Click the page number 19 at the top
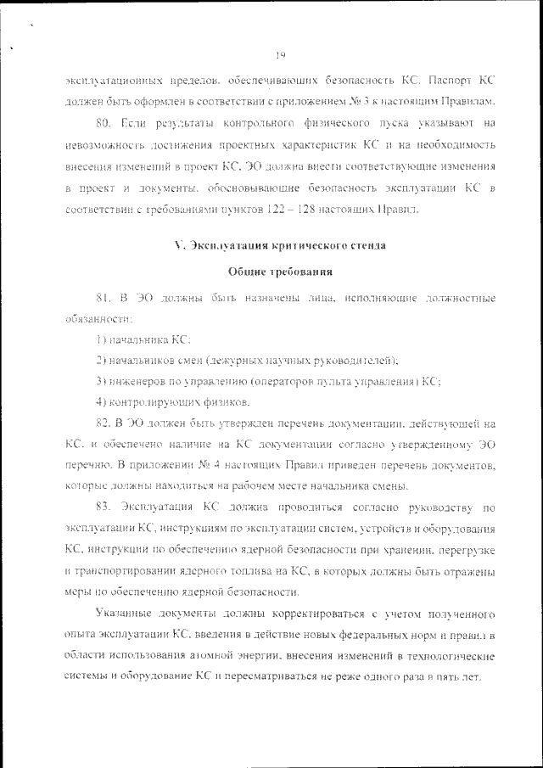tap(280, 55)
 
